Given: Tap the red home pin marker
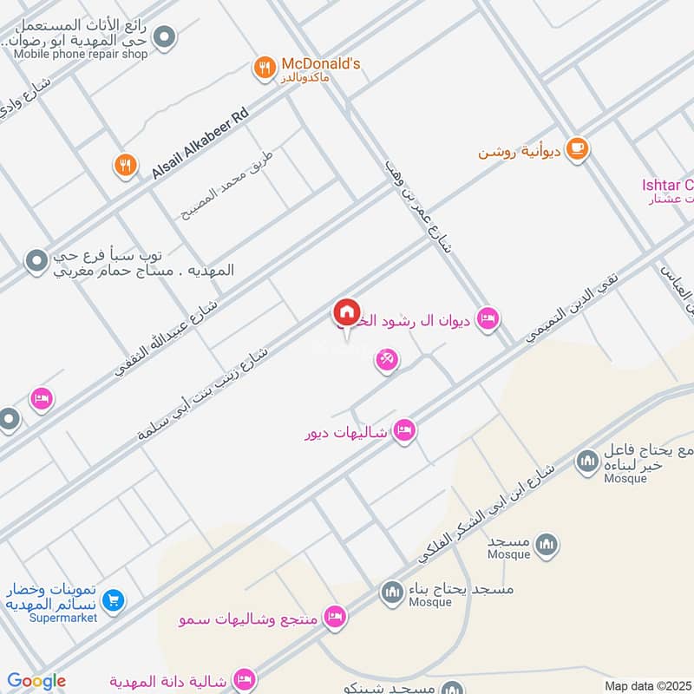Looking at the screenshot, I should coord(346,313).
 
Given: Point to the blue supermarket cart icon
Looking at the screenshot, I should coord(112,599).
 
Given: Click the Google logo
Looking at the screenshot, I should coord(36,681).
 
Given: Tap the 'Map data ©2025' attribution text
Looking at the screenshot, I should coord(647,685).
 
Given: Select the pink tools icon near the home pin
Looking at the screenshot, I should coord(387,360).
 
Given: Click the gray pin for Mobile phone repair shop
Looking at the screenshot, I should coord(164,36).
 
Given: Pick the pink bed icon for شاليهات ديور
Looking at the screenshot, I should coord(403,430).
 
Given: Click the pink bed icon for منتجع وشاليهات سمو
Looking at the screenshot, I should coord(334,618).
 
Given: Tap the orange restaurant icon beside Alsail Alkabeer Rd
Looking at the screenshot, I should coord(126,164).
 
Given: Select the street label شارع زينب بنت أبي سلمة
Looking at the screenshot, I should coord(203,394).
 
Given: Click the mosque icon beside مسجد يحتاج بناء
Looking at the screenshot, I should coord(391,594).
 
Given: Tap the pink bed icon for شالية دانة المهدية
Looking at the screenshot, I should coord(246,679).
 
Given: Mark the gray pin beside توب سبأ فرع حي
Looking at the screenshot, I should coord(36,260).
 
